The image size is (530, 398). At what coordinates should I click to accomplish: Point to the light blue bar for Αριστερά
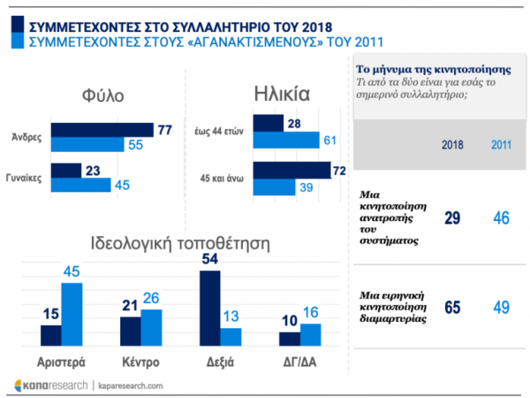pos(72,314)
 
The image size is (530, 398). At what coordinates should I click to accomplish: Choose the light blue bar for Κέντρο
pos(150,327)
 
